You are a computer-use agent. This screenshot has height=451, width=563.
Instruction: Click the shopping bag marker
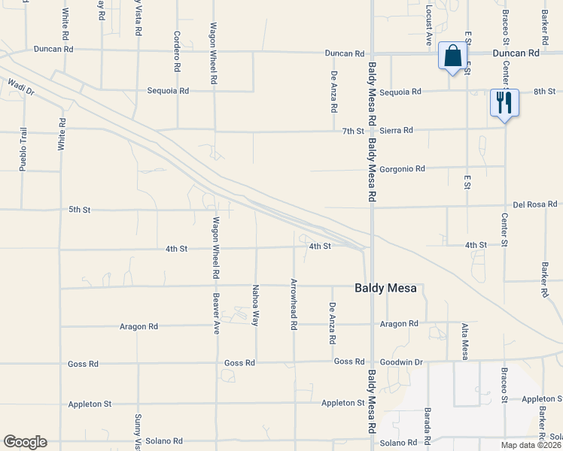click(452, 56)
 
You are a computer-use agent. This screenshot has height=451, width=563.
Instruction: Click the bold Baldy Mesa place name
click(385, 288)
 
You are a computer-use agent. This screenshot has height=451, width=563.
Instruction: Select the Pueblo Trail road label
click(23, 147)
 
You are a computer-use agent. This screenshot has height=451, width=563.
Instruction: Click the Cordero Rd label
click(178, 52)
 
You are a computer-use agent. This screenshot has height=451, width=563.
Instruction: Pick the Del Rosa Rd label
click(535, 204)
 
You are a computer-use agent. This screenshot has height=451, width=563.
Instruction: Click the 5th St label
click(79, 209)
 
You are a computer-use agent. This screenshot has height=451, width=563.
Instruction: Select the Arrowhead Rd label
click(294, 305)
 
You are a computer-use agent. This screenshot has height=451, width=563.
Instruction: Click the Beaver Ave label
click(216, 313)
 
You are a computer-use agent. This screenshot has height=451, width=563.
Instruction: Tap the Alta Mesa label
click(465, 341)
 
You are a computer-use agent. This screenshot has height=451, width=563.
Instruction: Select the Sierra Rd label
click(397, 130)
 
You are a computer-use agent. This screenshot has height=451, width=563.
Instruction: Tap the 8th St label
click(543, 91)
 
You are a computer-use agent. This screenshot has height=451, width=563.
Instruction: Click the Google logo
click(25, 442)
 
